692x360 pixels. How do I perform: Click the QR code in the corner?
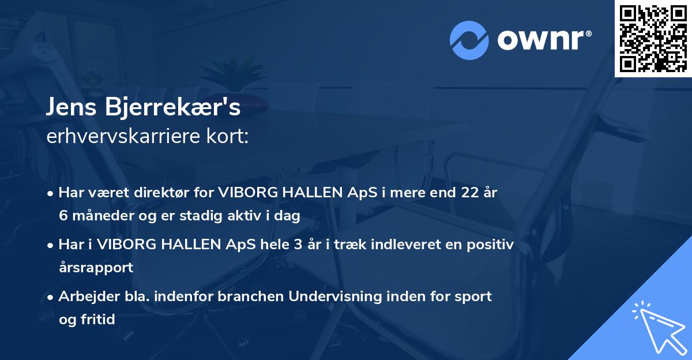[653, 38]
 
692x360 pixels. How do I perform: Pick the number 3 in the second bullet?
[297, 245]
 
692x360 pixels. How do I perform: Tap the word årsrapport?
[96, 267]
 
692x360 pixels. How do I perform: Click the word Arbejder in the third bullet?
[85, 297]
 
